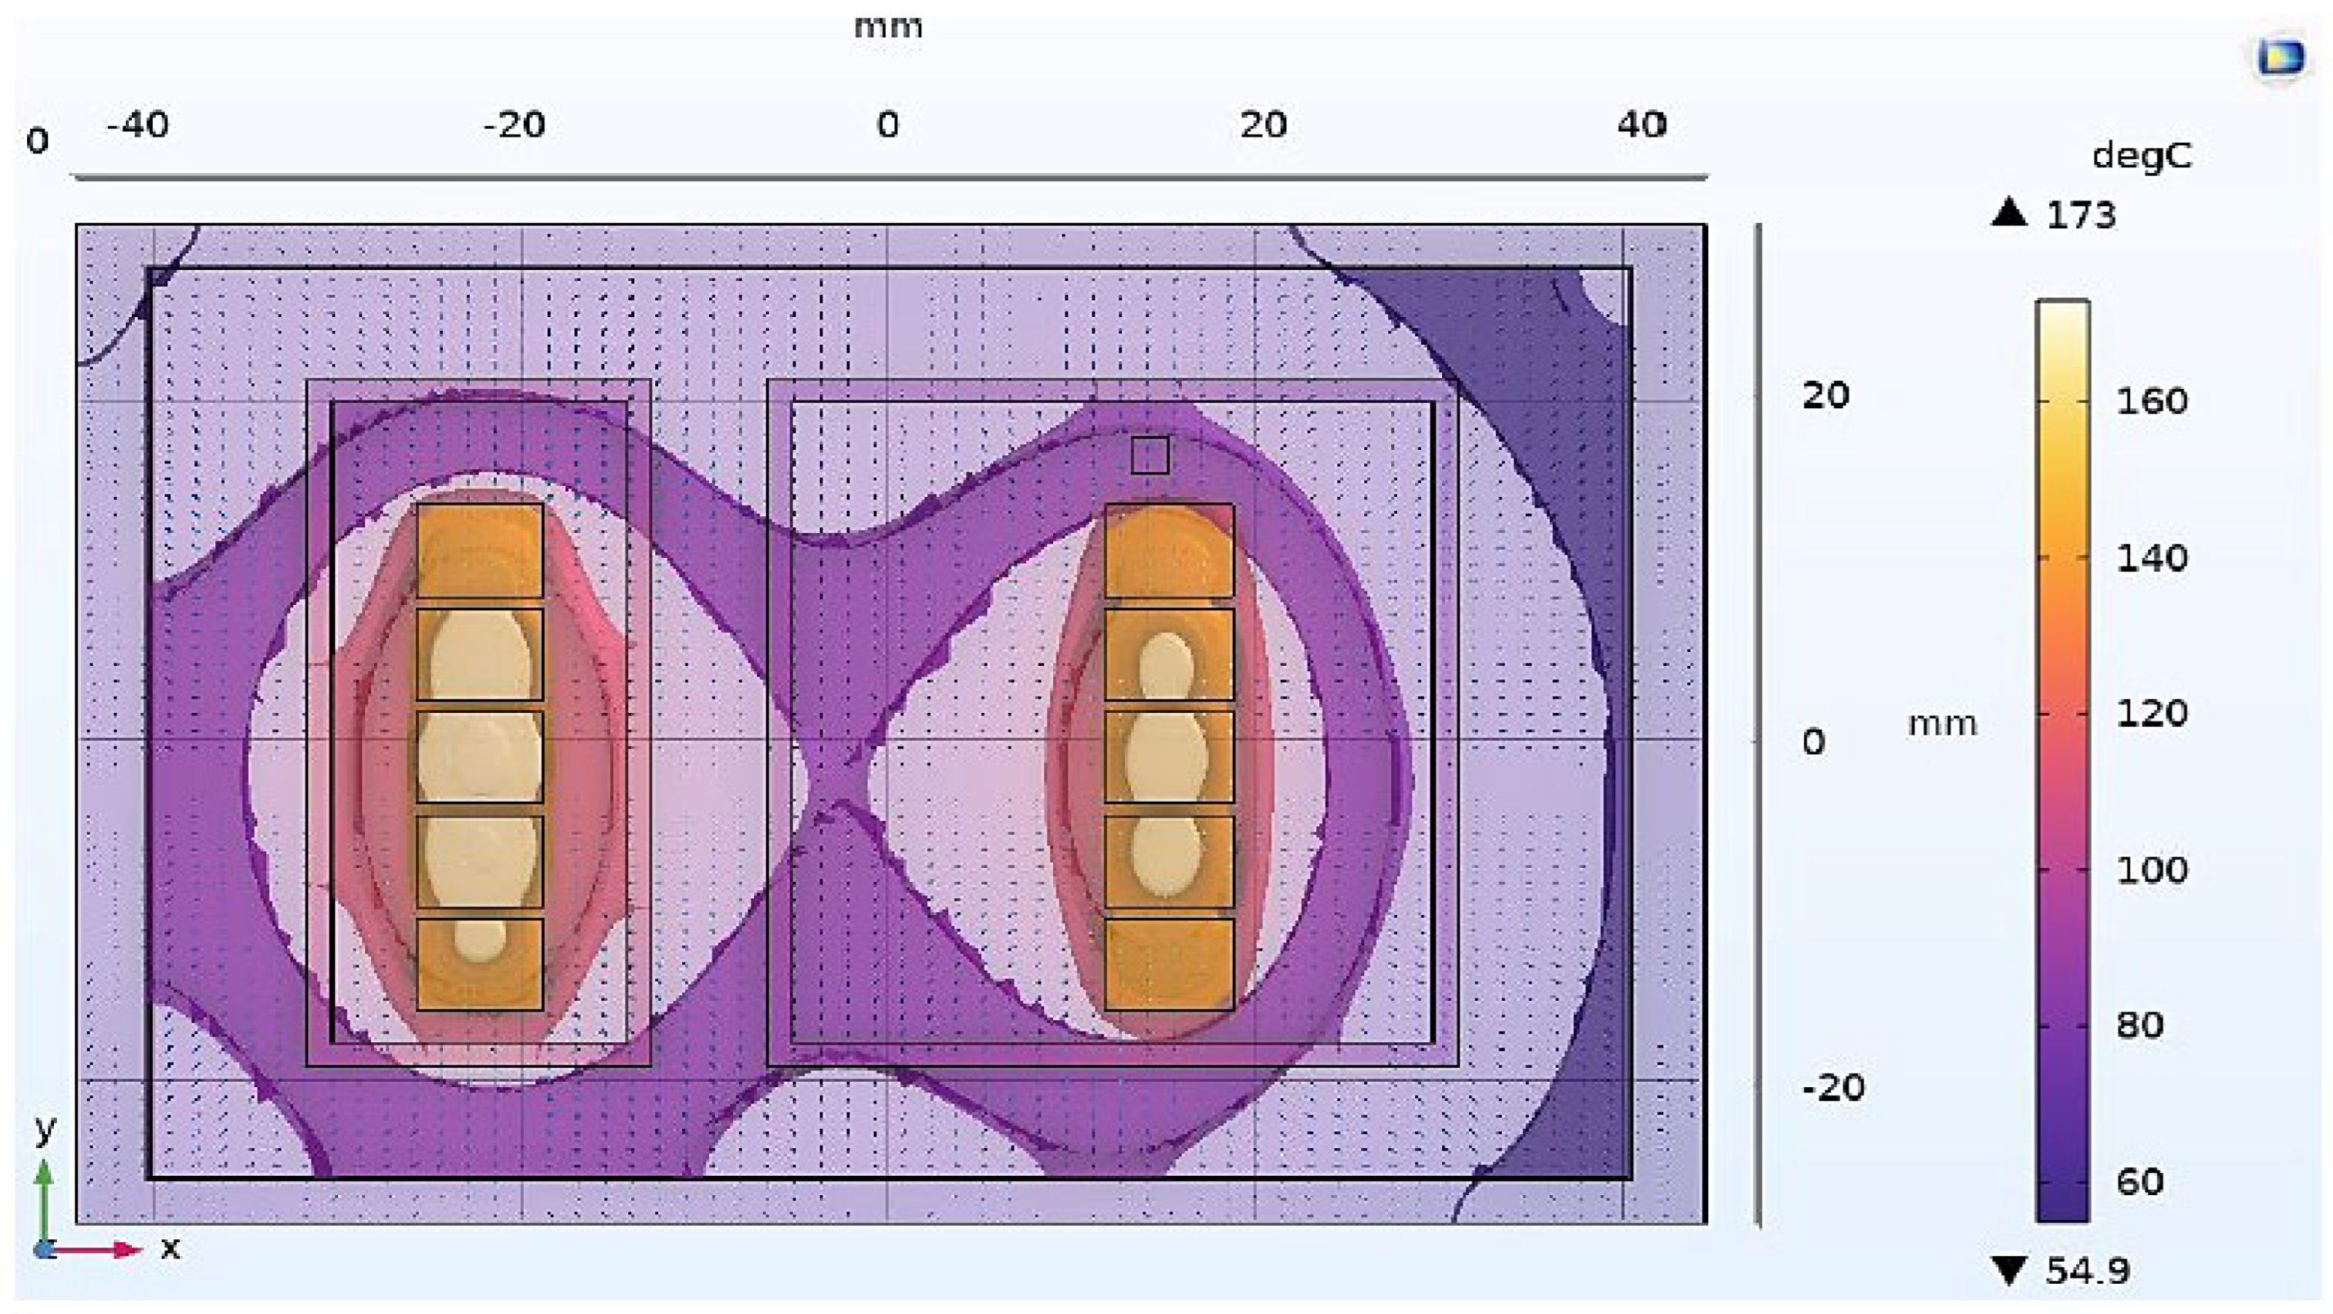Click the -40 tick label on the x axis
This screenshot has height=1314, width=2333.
pos(137,124)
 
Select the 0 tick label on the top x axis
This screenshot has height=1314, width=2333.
pos(887,124)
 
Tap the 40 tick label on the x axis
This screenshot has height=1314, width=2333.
pos(1642,124)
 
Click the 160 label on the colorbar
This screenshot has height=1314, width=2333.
pos(2151,400)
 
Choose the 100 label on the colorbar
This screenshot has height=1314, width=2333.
pos(2151,870)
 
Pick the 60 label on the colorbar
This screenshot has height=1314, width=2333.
pos(2139,1182)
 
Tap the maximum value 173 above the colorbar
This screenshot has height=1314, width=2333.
pos(2080,214)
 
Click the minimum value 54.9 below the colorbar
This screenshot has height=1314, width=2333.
pos(2088,1271)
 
